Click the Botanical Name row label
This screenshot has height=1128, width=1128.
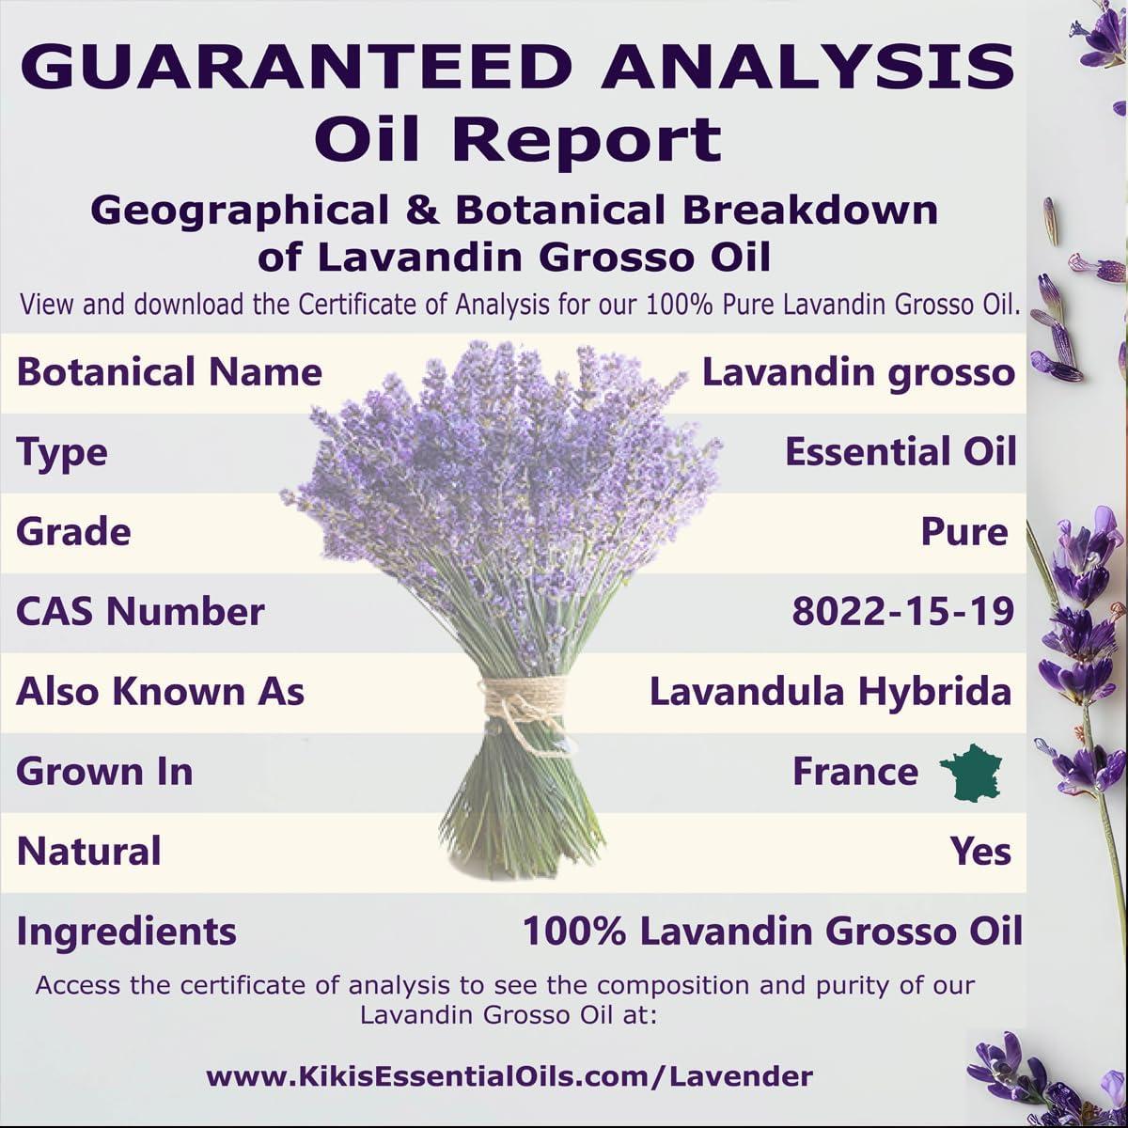[169, 372]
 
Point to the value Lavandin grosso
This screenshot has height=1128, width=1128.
[858, 372]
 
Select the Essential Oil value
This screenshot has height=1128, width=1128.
[901, 452]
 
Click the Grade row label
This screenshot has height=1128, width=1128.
[73, 532]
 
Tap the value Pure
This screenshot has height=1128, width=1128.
[963, 532]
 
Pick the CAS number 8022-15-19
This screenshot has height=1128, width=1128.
[902, 612]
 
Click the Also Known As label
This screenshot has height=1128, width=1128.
[160, 692]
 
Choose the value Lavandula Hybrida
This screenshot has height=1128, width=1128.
[830, 692]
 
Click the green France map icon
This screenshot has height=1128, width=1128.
[971, 773]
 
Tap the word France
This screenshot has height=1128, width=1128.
[854, 772]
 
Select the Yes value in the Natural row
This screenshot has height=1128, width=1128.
[980, 852]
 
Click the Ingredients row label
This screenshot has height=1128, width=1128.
[126, 932]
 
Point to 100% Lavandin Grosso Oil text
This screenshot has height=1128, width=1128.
[772, 932]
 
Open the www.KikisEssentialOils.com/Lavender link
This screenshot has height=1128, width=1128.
[509, 1075]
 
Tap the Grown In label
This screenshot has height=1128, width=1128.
[104, 772]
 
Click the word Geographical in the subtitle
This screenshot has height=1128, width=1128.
[239, 210]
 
